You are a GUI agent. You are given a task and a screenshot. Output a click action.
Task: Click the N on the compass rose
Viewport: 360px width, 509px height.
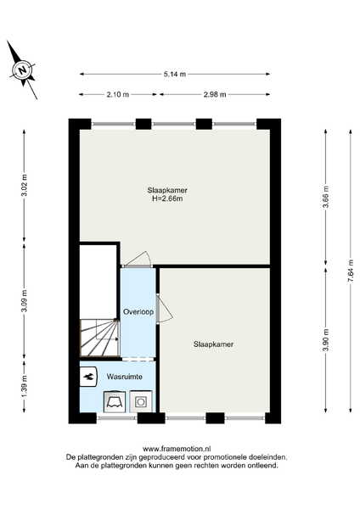22,70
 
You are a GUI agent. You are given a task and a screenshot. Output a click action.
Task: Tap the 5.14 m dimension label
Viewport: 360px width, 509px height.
175,74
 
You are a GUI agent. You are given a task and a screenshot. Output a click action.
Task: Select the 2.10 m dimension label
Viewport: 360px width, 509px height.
118,94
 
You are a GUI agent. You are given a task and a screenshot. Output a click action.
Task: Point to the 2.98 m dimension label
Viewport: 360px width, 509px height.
215,94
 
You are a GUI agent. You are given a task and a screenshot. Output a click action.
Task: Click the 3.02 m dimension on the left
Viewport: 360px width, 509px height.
25,187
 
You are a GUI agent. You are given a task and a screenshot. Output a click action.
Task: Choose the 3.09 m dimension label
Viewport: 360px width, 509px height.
25,300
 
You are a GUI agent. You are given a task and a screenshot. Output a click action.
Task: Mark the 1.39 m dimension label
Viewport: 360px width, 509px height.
25,386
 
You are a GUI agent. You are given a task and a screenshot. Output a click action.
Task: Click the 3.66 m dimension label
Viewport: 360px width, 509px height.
326,197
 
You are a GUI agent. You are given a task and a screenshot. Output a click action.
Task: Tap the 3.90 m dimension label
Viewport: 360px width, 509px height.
326,340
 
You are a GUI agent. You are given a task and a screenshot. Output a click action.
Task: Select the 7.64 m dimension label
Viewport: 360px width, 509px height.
351,271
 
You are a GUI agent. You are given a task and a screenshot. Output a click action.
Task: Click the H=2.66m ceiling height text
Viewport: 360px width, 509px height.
167,199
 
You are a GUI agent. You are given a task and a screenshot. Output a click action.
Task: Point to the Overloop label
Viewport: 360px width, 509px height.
138,312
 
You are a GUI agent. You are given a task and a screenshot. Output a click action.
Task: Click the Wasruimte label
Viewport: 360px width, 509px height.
125,377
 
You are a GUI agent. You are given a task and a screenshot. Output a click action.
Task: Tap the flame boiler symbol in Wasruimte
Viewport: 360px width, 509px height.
88,377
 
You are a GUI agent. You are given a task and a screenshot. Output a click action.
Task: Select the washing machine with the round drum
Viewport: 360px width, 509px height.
141,401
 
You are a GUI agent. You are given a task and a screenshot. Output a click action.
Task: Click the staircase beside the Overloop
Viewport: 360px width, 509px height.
99,338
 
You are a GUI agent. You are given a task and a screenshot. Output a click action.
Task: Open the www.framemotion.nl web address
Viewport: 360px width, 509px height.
177,449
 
